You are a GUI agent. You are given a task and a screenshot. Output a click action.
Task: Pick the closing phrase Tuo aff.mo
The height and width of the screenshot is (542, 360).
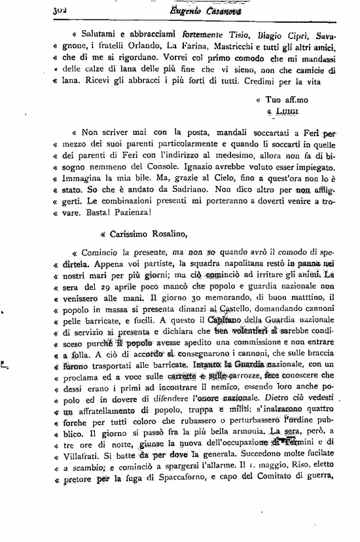[x=283, y=100]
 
